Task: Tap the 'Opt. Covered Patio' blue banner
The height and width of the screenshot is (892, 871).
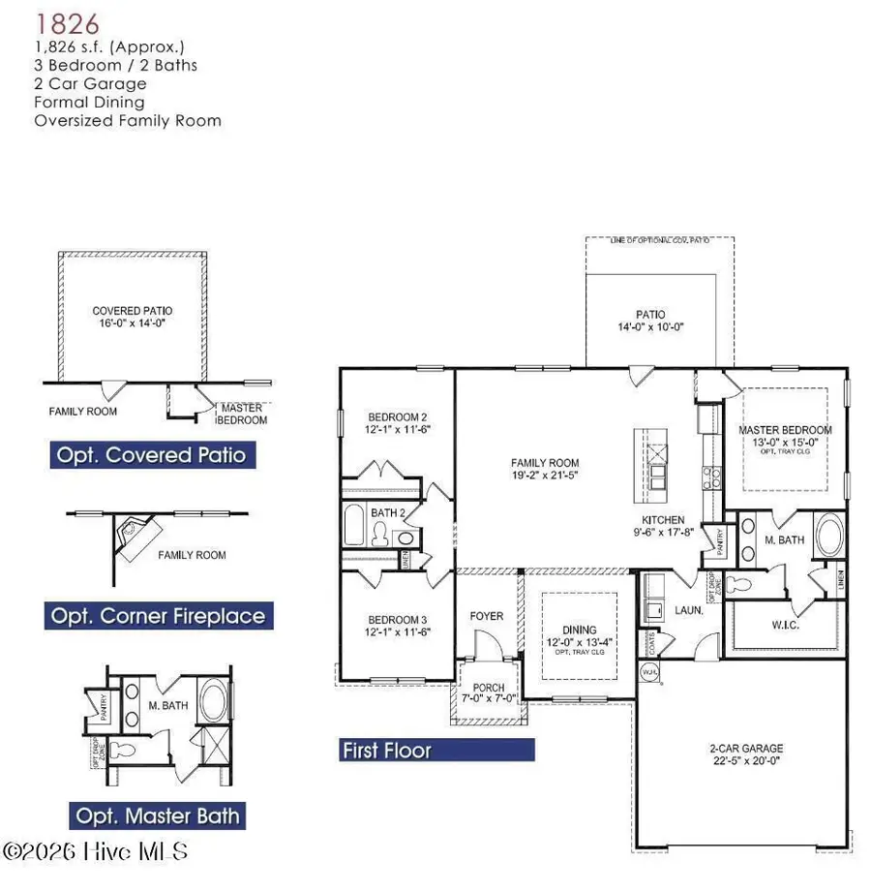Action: pos(150,454)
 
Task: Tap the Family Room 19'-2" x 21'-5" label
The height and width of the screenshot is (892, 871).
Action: pos(546,469)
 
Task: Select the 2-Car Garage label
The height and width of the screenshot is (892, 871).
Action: pos(744,754)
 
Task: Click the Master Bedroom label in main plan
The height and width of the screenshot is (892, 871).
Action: pos(785,436)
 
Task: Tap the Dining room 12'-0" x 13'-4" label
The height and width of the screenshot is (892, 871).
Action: pos(580,635)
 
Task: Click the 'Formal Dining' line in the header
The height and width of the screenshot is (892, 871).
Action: pos(89,102)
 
